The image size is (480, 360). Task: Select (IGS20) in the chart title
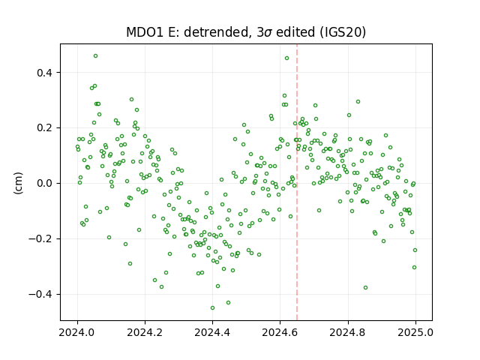coord(343,32)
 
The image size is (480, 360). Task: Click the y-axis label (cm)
coord(18,183)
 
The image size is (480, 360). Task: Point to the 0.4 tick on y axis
coord(45,73)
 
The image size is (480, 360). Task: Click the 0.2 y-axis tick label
coord(45,128)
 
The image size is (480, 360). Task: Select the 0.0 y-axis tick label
coord(45,183)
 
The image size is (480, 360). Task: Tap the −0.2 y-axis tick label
coord(41,238)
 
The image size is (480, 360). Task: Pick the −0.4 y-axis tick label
coord(41,294)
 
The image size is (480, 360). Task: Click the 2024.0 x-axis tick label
coord(77,332)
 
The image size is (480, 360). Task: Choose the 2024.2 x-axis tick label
coord(145,332)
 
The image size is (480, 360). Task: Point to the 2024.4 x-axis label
coord(212,332)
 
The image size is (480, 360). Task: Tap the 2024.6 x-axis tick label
coord(280,332)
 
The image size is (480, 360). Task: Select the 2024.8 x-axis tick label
coord(348,332)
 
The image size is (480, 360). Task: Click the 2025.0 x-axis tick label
coord(415,332)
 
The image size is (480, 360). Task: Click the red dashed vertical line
coord(297,182)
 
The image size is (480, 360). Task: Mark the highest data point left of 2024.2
coord(95,56)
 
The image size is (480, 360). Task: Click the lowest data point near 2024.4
coord(212,308)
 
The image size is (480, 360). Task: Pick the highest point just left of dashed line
coord(286,58)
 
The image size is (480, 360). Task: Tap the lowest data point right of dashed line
coord(365,288)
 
